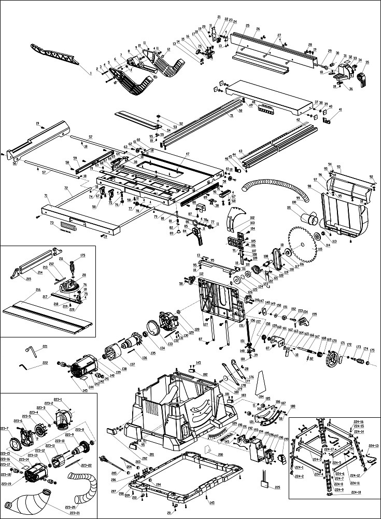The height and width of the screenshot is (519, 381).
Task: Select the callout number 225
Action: coord(277,487)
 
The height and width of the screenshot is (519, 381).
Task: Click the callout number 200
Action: coord(220,454)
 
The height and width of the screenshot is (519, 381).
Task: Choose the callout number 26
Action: coord(258,28)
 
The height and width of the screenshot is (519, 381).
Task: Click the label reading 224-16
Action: coord(359,421)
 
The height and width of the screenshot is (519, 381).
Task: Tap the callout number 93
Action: coord(338,167)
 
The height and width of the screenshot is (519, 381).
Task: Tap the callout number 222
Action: coord(45,363)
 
